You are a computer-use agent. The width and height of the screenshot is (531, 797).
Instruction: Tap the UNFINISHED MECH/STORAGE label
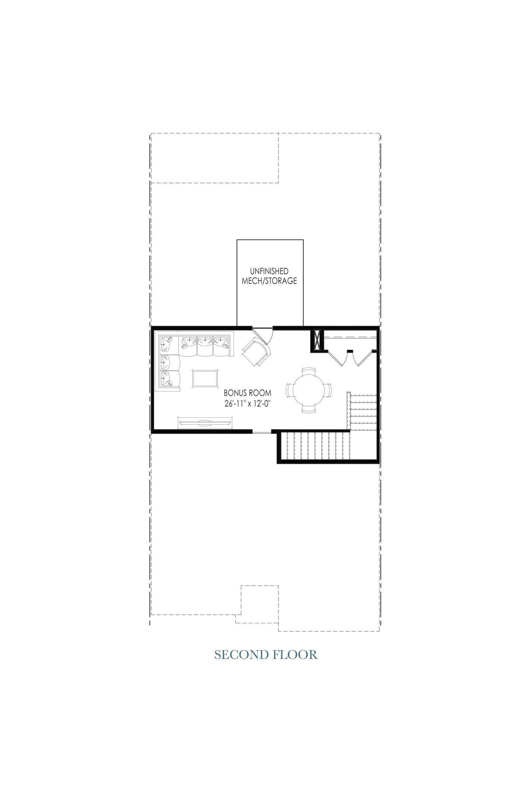[269, 276]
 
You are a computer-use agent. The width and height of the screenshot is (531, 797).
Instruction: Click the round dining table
[309, 390]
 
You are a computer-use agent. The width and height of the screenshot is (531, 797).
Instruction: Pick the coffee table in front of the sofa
[205, 379]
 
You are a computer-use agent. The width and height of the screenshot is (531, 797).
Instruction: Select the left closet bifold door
[337, 358]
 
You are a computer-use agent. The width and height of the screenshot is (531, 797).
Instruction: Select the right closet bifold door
[363, 358]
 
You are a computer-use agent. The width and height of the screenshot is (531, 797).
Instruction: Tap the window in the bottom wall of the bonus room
[262, 432]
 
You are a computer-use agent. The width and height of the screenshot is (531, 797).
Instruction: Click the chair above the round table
[309, 370]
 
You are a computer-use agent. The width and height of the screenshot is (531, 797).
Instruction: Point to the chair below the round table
[309, 410]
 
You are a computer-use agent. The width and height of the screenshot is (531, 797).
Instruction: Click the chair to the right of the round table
[328, 390]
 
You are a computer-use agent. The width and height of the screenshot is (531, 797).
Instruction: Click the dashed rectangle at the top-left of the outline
[215, 158]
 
